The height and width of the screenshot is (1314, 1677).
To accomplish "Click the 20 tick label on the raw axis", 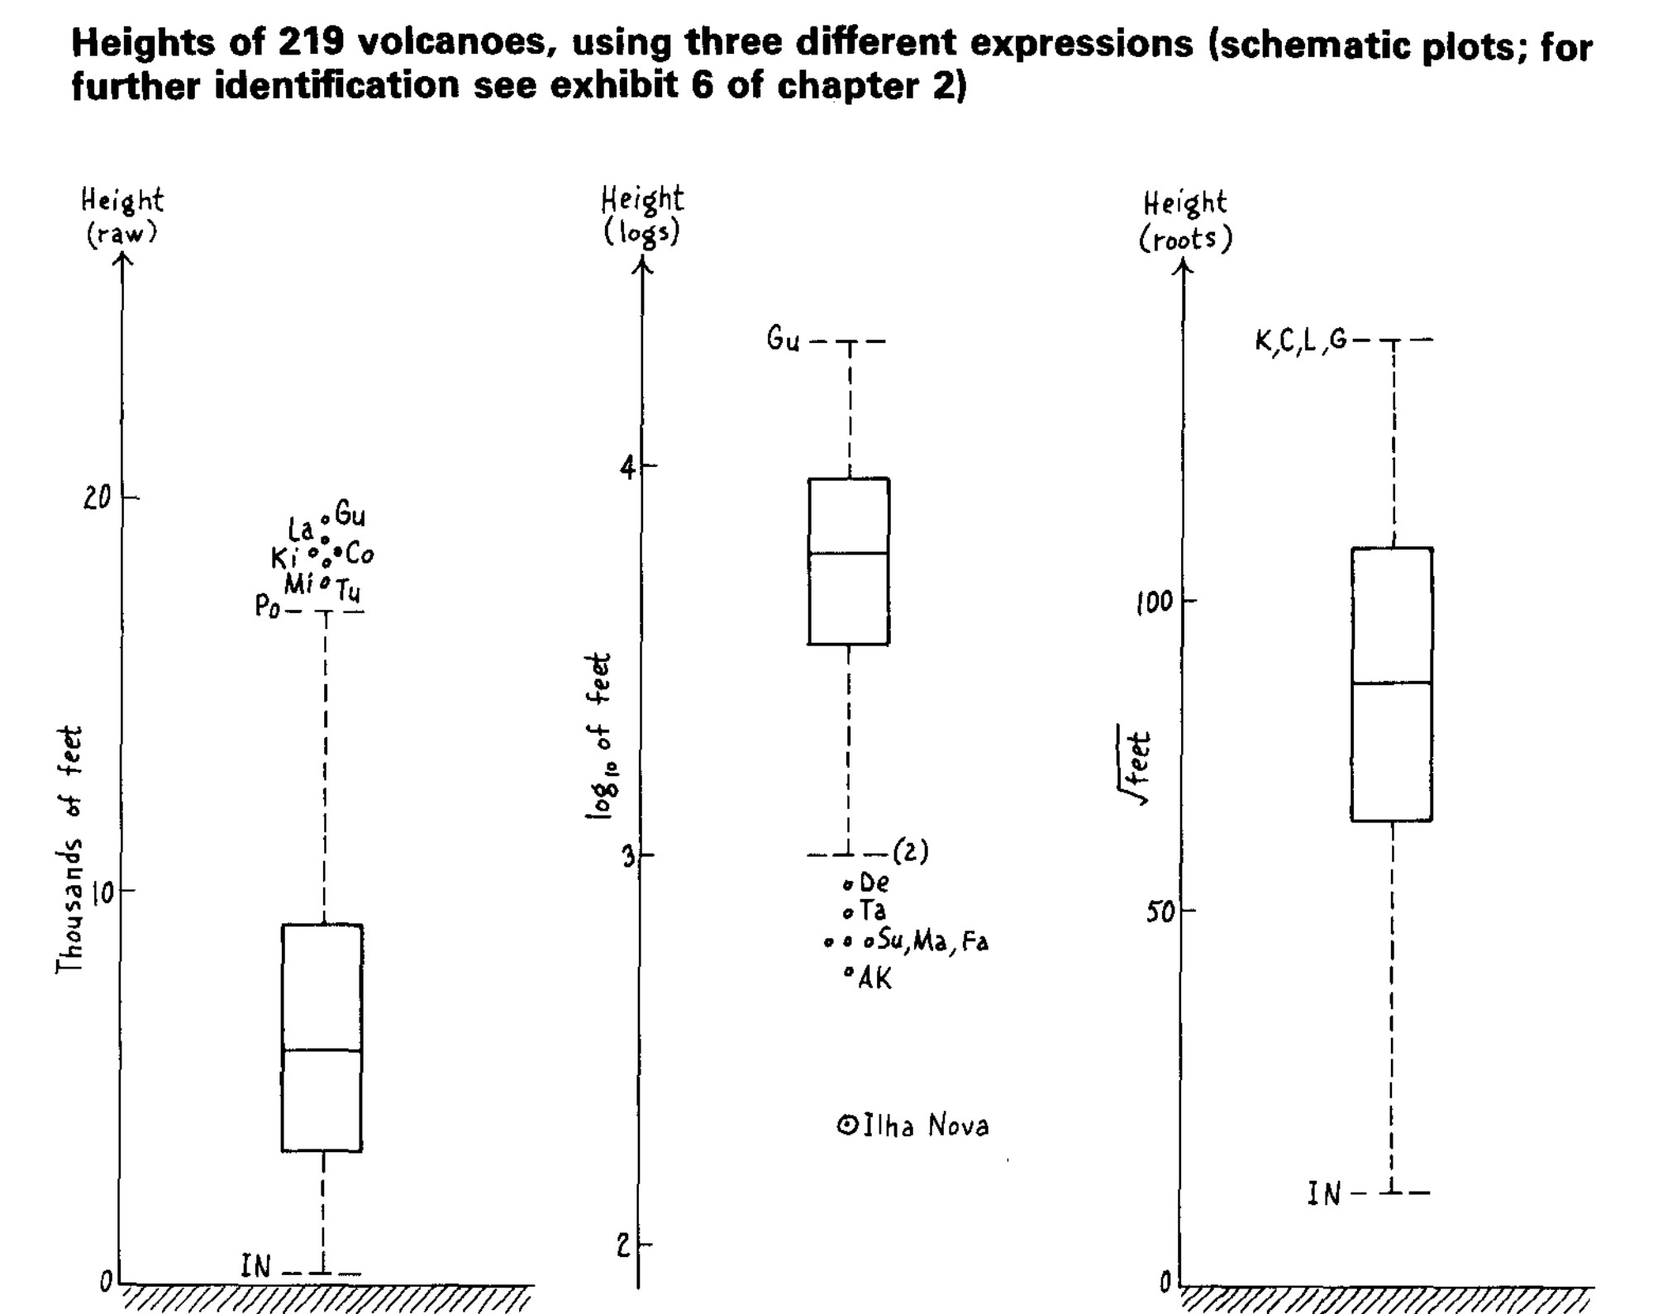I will point(98,498).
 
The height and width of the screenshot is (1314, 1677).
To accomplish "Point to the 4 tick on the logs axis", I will point(629,468).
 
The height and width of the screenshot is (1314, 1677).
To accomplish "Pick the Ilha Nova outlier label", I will point(926,1126).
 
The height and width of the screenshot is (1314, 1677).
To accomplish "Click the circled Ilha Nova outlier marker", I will point(847,1125).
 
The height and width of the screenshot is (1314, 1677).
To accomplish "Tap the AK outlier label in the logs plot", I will point(875,979).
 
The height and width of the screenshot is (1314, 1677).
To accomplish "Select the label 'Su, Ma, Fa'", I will point(932,941).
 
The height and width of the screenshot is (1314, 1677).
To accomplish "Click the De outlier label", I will point(874,883).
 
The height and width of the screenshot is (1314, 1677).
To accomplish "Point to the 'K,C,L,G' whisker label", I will point(1301,340).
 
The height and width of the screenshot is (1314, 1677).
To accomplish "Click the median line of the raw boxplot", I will point(322,1050).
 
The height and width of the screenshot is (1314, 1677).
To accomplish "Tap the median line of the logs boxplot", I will point(849,553).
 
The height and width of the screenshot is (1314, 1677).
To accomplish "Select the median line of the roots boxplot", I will point(1392,683).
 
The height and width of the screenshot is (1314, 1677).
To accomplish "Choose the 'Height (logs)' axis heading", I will point(641,216).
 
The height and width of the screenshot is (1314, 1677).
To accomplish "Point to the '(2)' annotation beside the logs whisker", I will point(911,851).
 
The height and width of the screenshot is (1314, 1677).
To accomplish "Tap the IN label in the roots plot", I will point(1323,1194).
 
